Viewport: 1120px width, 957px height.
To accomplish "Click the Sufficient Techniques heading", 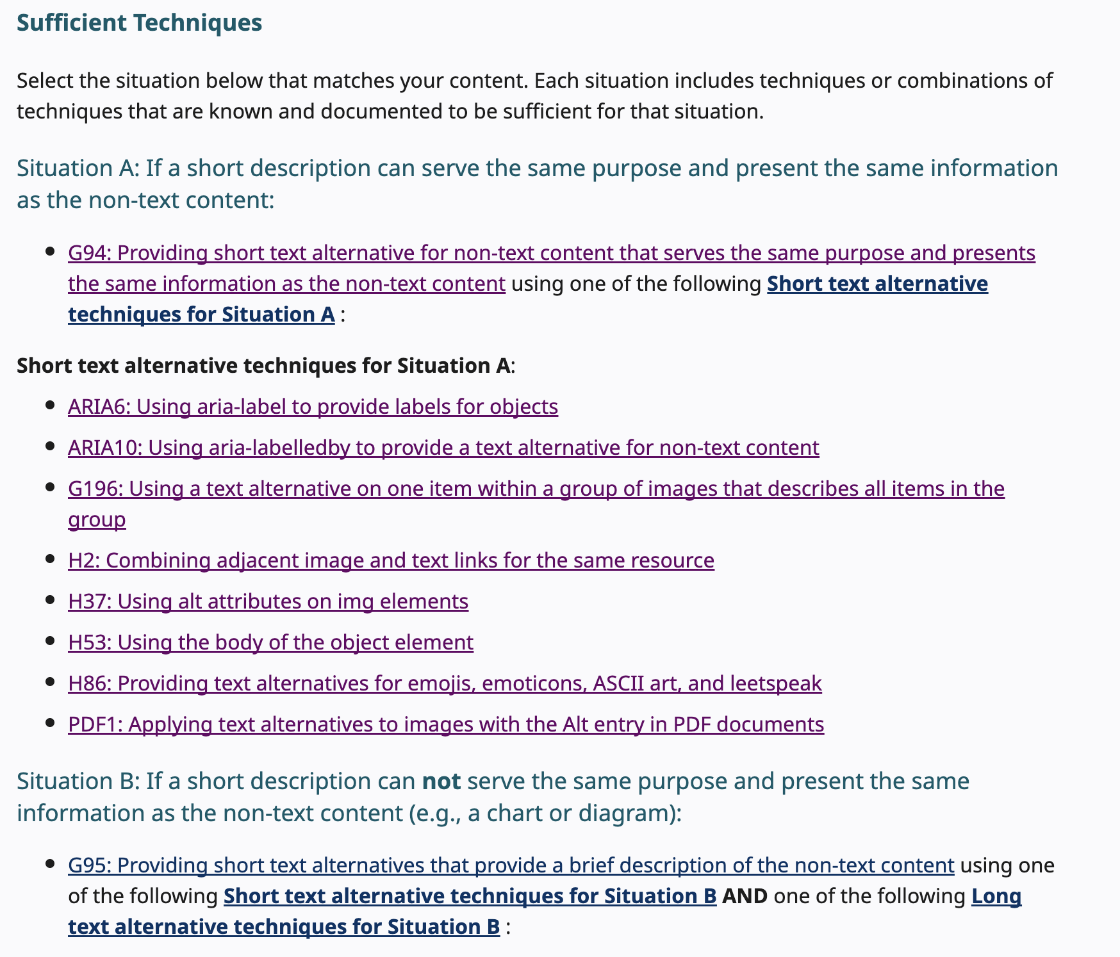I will (x=139, y=23).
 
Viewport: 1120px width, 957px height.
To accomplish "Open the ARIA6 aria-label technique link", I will (x=313, y=407).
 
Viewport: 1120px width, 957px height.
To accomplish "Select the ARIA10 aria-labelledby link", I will (x=443, y=447).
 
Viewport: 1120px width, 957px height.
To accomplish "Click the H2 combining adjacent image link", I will (x=391, y=560).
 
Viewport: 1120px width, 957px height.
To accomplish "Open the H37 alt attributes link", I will (x=268, y=601).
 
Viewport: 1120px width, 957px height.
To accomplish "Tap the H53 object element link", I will (x=270, y=642).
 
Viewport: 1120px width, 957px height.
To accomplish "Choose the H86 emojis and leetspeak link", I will (x=445, y=683).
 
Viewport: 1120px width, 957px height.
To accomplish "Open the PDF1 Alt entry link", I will (x=446, y=724).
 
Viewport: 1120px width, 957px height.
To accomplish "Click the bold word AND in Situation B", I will (x=745, y=896).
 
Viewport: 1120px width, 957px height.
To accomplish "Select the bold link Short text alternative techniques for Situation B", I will (x=470, y=896).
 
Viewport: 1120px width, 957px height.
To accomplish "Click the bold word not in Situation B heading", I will (x=441, y=781).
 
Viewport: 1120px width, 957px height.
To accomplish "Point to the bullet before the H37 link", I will (x=50, y=600).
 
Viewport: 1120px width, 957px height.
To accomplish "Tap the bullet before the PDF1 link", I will (x=50, y=723).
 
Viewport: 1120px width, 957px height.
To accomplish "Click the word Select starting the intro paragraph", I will (x=45, y=81).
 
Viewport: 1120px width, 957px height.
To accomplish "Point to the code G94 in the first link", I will (x=89, y=254).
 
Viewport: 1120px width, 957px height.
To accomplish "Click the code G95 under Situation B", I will (x=89, y=865).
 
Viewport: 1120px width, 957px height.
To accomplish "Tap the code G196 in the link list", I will (x=95, y=489).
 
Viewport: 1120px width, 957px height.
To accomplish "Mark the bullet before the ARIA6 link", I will (x=50, y=405).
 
